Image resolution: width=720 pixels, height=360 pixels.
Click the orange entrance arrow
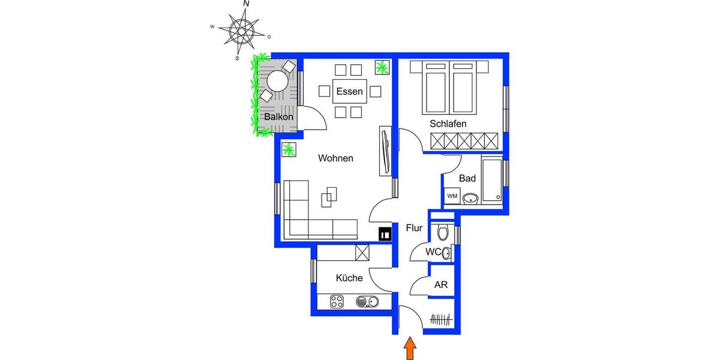(410, 349)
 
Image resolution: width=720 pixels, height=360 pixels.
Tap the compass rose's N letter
(246, 4)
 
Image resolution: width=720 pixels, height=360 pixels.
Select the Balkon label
(278, 117)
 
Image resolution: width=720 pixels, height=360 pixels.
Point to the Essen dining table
(349, 92)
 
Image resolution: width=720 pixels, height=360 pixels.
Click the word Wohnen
(335, 158)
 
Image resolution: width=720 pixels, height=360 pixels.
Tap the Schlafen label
(448, 124)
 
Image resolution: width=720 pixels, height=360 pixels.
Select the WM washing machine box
(451, 196)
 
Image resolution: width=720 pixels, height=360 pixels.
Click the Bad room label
(467, 178)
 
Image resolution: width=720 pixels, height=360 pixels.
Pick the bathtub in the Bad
(492, 179)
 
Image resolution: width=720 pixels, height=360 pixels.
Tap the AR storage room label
(441, 285)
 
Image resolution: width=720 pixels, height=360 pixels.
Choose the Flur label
(415, 228)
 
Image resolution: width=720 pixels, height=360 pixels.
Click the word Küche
(349, 278)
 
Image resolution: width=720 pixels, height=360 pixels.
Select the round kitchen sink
(364, 302)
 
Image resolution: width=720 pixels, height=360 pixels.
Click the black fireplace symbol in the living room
(385, 234)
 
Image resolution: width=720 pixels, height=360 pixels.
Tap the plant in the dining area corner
(382, 67)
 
